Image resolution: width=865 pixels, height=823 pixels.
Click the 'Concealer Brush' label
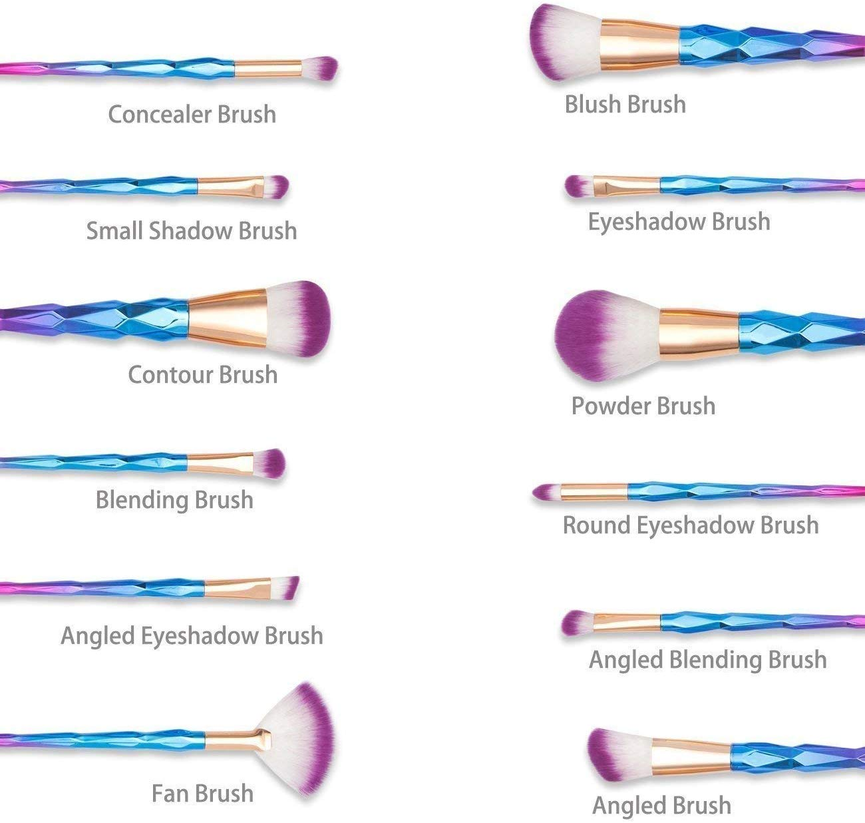pos(192,114)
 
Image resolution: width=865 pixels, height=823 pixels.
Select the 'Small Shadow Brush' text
pos(192,230)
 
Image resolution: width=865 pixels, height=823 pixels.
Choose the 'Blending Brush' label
pos(174,499)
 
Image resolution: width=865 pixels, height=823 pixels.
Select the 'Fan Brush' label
pos(202,793)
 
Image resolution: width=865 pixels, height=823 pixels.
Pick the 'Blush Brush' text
pos(625,104)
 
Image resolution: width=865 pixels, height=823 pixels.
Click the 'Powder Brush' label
pos(643,406)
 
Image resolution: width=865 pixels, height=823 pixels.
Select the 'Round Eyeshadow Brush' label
pos(691,525)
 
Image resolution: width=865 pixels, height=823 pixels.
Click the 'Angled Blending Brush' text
pos(708,659)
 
